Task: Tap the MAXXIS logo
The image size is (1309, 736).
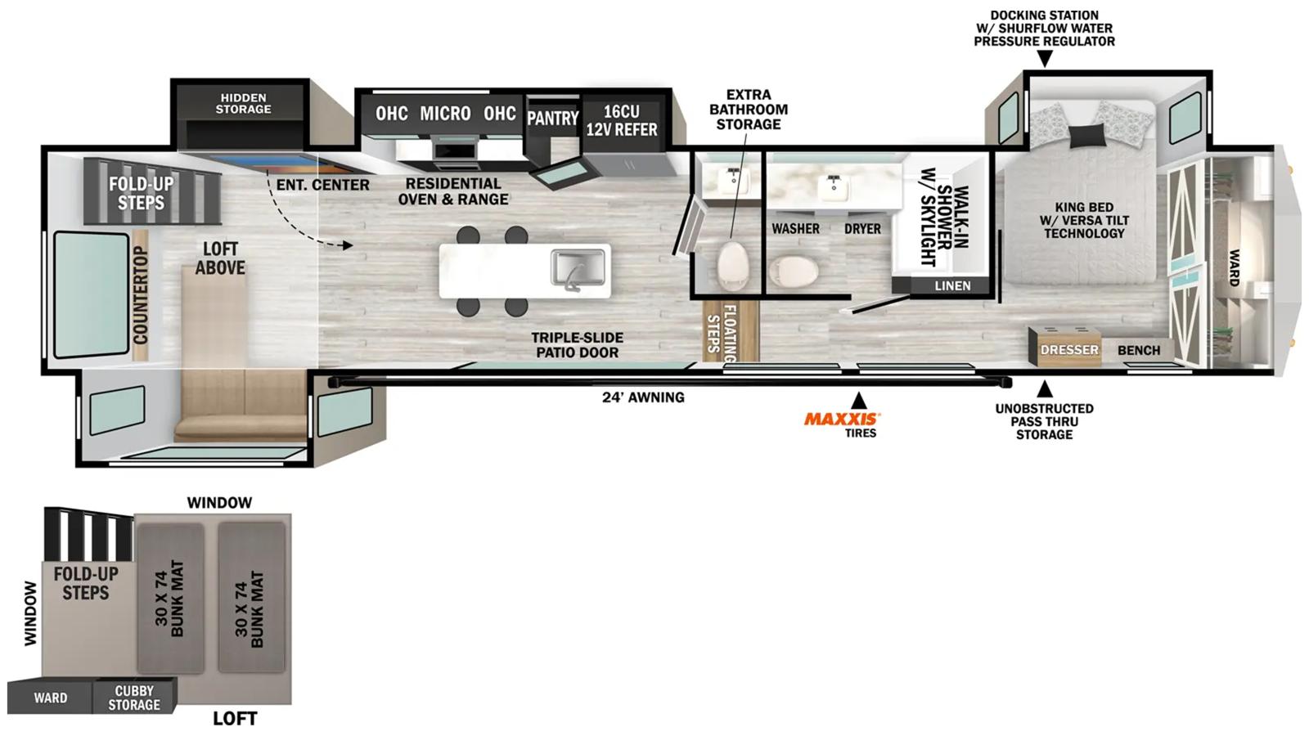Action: point(842,419)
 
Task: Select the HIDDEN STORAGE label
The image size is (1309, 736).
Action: point(243,103)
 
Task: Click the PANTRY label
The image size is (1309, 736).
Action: point(552,119)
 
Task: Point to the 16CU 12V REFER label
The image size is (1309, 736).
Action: point(622,120)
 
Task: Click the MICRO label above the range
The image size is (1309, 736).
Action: point(445,114)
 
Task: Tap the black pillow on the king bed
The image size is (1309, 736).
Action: point(1087,136)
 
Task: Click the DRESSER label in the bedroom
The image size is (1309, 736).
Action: point(1069,350)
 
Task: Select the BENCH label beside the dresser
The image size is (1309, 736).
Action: point(1139,351)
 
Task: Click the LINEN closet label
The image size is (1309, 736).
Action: point(952,285)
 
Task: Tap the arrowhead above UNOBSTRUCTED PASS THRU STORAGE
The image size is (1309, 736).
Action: point(1045,389)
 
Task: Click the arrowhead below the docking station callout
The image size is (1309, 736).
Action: point(1045,58)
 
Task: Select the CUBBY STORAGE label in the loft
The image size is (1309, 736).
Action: point(134,698)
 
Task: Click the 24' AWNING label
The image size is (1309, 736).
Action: point(643,397)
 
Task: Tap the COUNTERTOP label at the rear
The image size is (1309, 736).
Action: point(141,295)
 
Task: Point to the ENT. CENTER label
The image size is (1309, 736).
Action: point(322,185)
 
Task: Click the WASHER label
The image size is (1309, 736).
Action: point(795,228)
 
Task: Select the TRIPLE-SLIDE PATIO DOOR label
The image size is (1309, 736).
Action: point(578,345)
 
